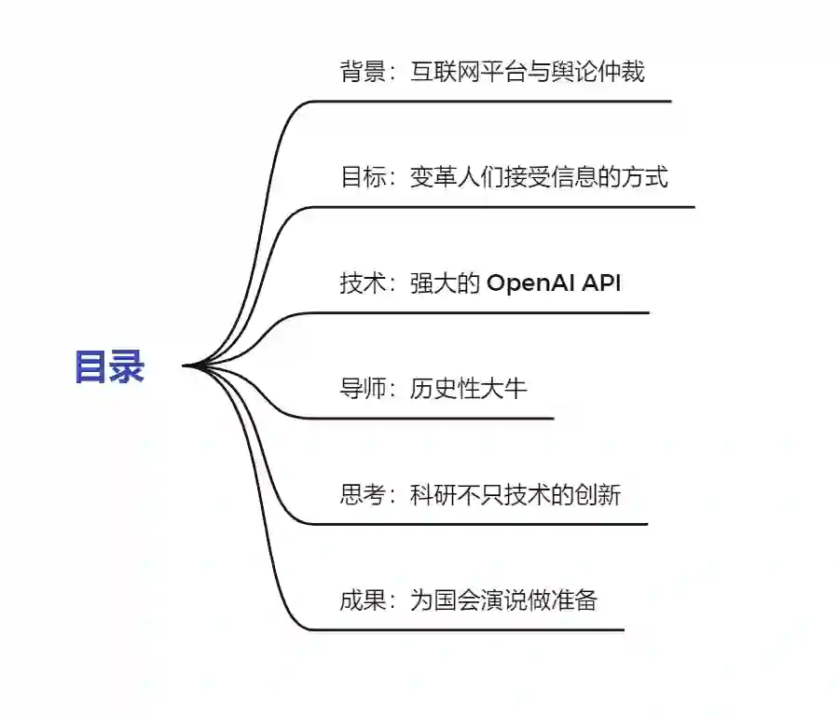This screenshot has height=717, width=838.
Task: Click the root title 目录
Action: [109, 366]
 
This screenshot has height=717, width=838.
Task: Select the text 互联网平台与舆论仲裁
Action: [528, 72]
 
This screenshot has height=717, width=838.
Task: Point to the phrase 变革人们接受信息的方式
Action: [539, 177]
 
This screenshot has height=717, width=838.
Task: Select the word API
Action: [602, 283]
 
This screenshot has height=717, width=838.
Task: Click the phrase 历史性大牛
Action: [468, 389]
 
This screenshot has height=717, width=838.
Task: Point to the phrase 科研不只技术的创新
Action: [515, 494]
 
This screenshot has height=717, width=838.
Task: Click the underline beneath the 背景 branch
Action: [494, 101]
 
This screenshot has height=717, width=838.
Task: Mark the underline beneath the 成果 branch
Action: [466, 629]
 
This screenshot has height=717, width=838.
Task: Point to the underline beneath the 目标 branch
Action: [503, 206]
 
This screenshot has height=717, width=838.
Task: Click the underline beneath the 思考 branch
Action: [475, 523]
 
